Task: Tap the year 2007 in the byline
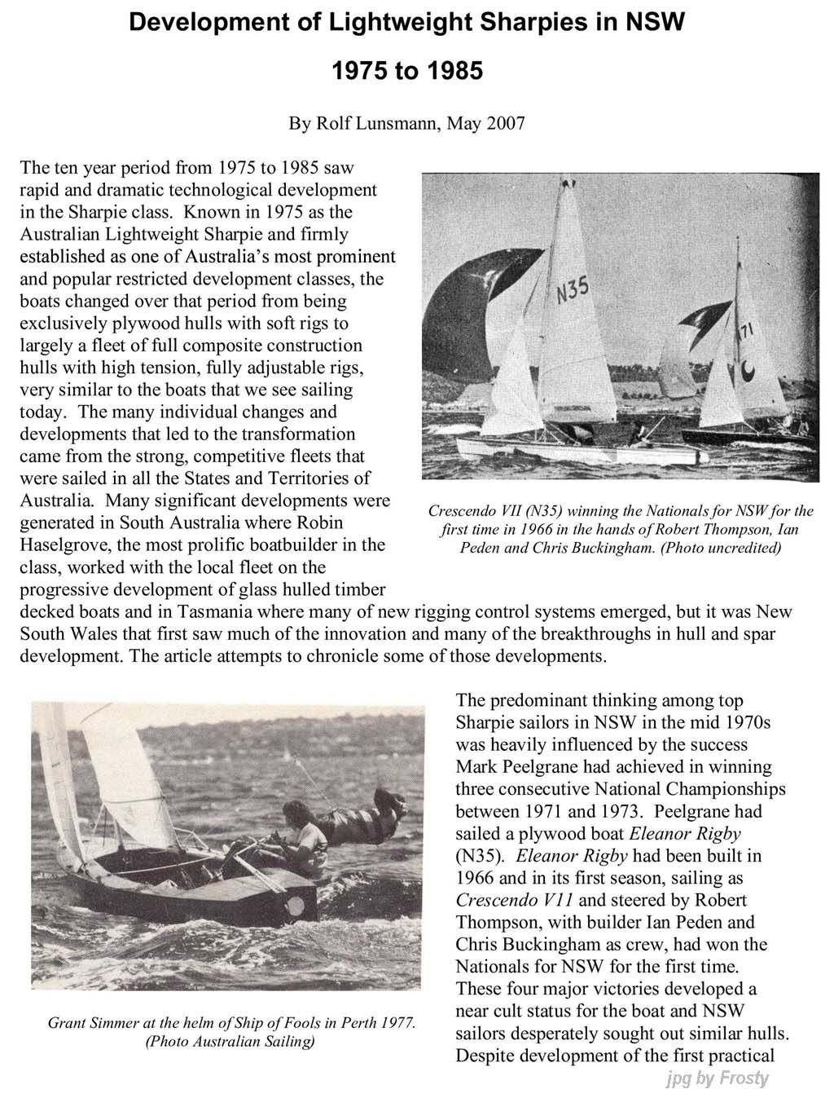click(506, 124)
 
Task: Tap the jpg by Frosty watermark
click(717, 1078)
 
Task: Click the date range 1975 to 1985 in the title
click(407, 71)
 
